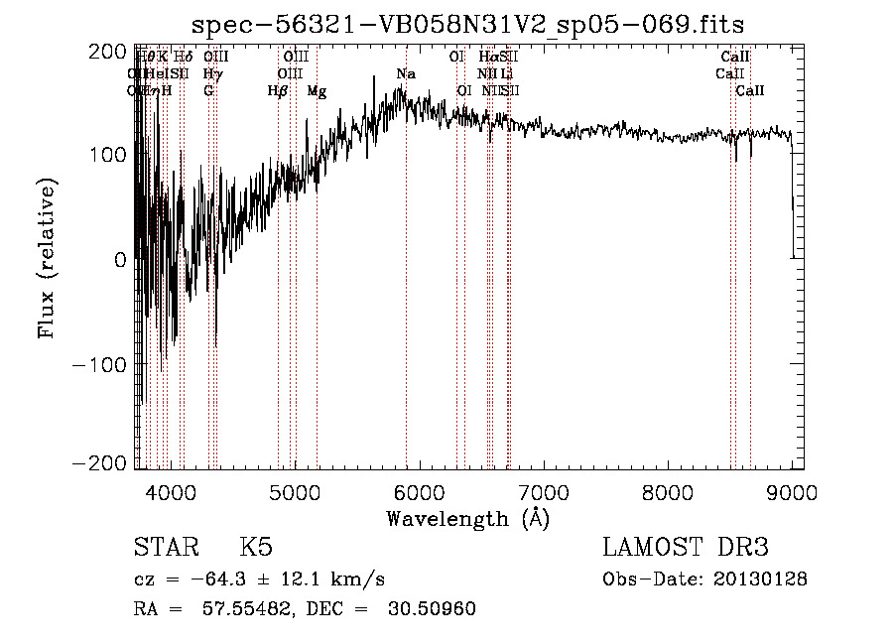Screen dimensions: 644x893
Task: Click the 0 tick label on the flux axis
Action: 120,260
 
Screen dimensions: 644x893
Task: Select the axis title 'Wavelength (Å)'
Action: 467,518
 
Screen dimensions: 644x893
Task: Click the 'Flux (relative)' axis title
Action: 48,258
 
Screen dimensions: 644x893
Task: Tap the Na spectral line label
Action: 406,74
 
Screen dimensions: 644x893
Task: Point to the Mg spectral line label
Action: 317,91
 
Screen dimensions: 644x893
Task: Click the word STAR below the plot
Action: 165,548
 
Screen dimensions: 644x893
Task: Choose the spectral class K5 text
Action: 256,548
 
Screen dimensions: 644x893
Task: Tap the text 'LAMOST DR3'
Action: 685,548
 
